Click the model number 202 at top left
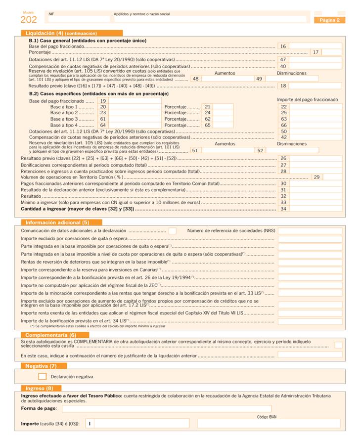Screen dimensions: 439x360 click(29, 20)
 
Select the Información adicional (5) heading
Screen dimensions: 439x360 click(57, 222)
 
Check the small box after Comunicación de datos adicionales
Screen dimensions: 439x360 click(172, 230)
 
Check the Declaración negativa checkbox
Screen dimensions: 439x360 click(43, 376)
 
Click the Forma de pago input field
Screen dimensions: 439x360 click(166, 408)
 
